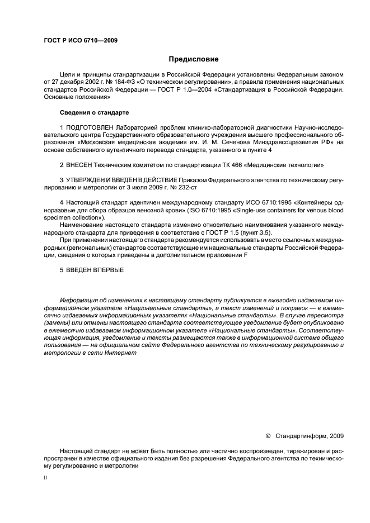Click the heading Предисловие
click(194, 59)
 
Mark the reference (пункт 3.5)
click(283, 232)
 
